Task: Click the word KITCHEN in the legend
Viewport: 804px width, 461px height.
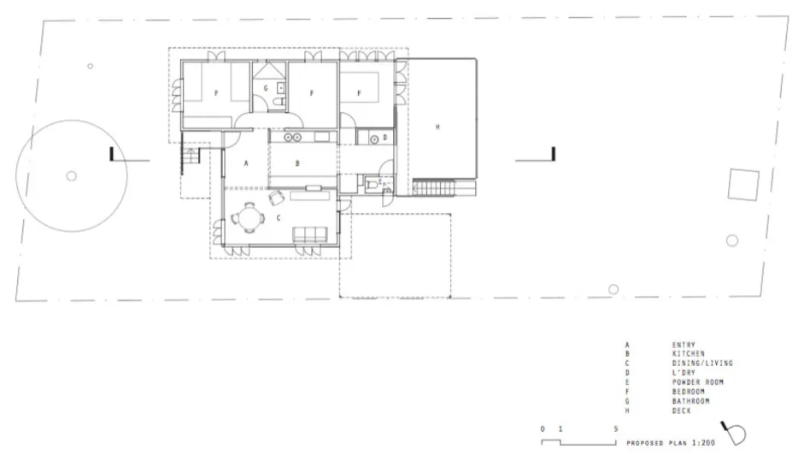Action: (x=688, y=354)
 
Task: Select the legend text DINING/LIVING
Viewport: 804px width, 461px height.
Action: (x=702, y=363)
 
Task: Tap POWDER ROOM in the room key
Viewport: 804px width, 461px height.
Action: (x=698, y=382)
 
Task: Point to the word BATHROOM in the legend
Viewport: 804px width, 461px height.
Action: (x=690, y=401)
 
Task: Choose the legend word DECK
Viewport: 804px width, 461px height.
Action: (x=682, y=411)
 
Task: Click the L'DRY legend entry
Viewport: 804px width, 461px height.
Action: (x=684, y=373)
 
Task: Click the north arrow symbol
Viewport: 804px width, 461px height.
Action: (x=734, y=434)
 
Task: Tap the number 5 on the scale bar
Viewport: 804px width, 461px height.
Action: (x=616, y=429)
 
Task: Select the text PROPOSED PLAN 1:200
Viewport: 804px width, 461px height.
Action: (x=671, y=442)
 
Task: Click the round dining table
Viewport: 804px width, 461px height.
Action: (x=249, y=217)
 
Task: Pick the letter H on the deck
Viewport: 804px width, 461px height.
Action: (x=437, y=127)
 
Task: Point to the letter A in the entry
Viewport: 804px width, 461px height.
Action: (x=246, y=163)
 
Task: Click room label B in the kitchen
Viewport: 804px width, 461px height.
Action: (x=297, y=163)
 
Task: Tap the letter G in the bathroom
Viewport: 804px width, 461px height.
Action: (x=266, y=88)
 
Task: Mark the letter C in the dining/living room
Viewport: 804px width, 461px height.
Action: (x=279, y=217)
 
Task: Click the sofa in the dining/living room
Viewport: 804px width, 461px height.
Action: (x=310, y=234)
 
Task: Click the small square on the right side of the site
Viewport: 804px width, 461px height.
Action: (x=743, y=184)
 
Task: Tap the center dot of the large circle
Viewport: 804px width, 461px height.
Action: (x=71, y=176)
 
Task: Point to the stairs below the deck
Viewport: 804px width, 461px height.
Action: (x=434, y=188)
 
